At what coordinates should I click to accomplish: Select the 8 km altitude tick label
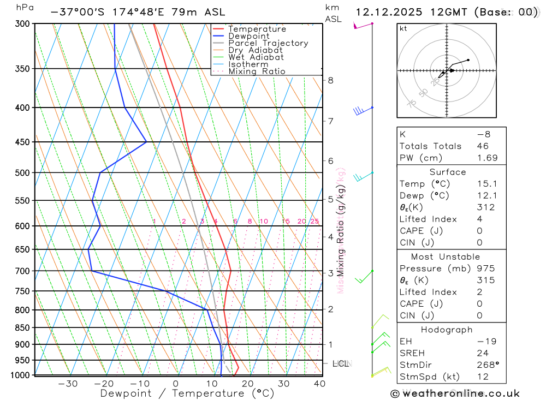[x=330, y=80]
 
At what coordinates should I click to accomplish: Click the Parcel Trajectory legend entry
[x=268, y=43]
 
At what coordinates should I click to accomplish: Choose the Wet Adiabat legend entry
[x=256, y=57]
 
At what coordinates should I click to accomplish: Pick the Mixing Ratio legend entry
[x=257, y=71]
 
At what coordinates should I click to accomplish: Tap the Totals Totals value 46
[x=483, y=146]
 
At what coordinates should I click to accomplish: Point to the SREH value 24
[x=483, y=353]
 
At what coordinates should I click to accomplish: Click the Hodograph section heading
[x=447, y=330]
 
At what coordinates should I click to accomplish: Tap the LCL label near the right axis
[x=341, y=363]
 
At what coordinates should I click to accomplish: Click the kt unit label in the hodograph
[x=403, y=29]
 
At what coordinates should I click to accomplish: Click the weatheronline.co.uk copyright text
[x=455, y=393]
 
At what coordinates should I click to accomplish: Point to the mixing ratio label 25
[x=314, y=221]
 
